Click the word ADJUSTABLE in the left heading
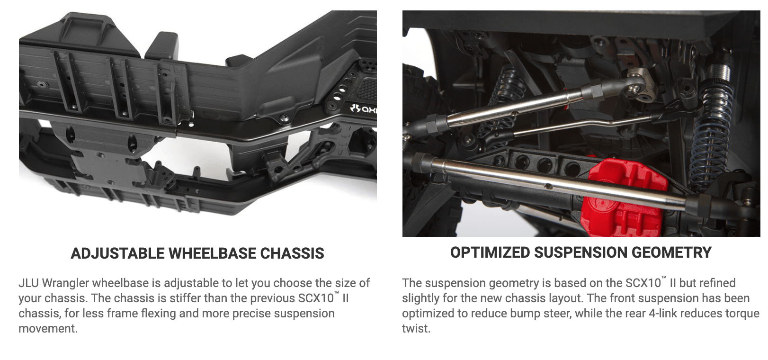(x=117, y=253)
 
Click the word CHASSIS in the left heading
(x=292, y=253)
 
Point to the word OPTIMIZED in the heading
(x=490, y=252)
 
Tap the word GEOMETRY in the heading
(x=671, y=252)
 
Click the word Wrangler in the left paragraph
(x=65, y=284)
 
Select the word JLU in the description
(x=28, y=283)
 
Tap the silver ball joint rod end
(x=638, y=88)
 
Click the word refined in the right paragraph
(x=718, y=283)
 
